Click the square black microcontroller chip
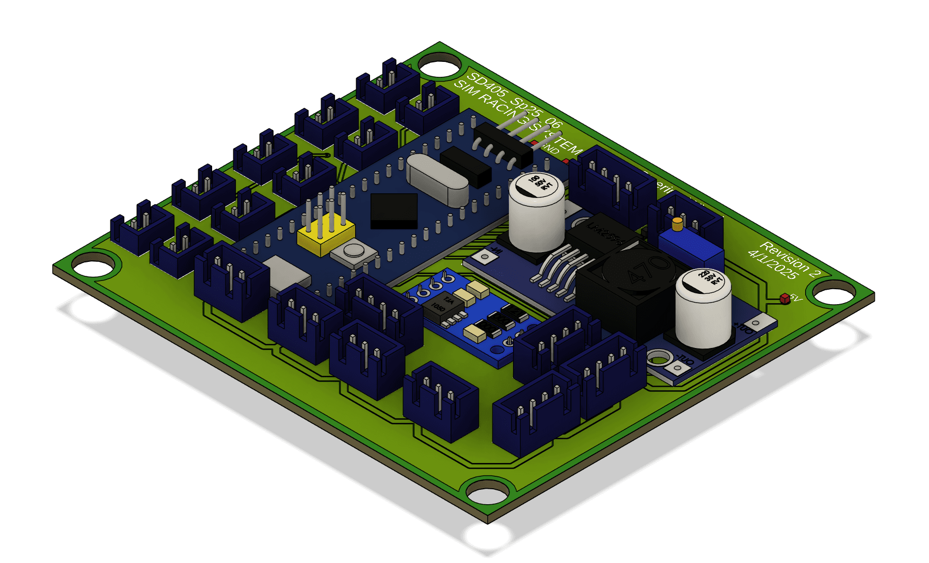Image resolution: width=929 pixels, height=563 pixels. coord(394,210)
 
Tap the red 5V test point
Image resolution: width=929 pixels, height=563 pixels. coord(785,299)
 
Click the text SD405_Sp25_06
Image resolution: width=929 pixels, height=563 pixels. coord(514,101)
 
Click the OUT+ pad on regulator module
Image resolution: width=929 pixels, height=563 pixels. coord(756,324)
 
